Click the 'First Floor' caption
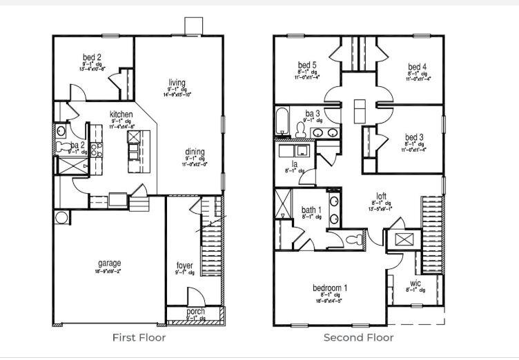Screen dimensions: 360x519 click(139, 337)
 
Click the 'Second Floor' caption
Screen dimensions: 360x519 click(359, 337)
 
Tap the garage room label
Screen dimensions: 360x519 click(109, 263)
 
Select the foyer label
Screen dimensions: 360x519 click(184, 266)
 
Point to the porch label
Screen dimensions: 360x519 click(195, 312)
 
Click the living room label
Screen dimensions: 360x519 click(177, 83)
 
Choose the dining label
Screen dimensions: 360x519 click(194, 152)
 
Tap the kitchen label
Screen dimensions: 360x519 click(121, 114)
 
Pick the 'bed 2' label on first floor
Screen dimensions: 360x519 click(92, 57)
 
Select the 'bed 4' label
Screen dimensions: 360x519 click(418, 66)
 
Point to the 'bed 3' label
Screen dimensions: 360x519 click(414, 137)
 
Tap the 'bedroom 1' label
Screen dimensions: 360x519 click(330, 288)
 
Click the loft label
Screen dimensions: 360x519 click(381, 195)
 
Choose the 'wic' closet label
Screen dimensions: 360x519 click(415, 283)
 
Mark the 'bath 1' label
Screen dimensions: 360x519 click(311, 210)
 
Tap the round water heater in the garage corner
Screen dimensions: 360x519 click(62, 218)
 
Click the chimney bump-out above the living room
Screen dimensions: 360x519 click(193, 26)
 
